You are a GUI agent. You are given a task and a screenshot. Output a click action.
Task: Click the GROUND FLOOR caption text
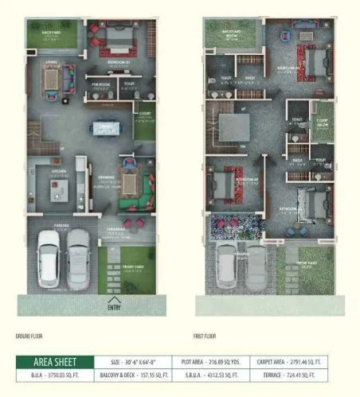pos(31,336)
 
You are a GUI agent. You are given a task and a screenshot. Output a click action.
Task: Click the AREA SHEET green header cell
pos(54,361)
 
